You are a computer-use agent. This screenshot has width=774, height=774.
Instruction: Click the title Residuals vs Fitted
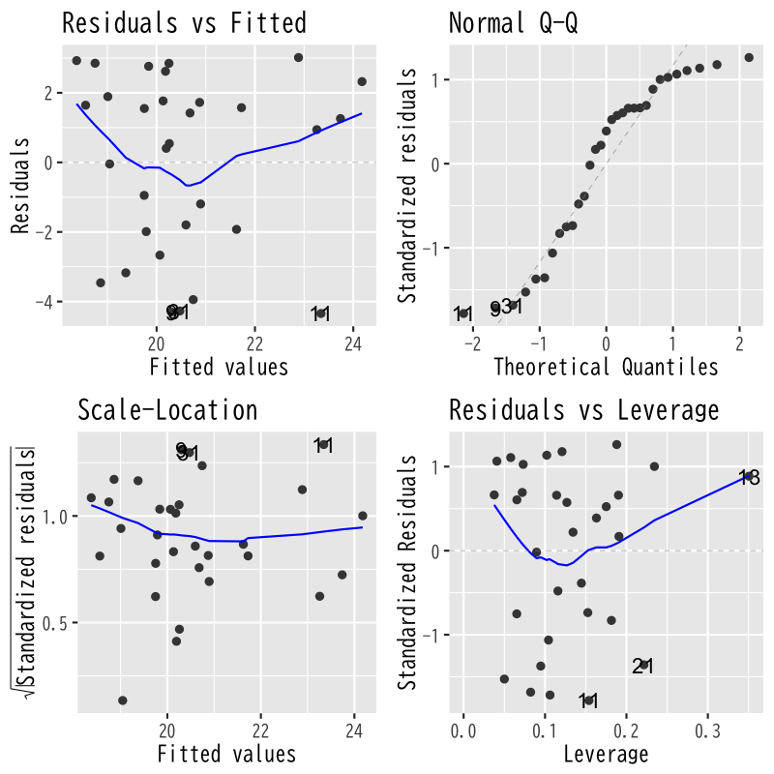point(184,23)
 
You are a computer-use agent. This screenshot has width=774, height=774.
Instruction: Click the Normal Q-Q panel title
point(514,23)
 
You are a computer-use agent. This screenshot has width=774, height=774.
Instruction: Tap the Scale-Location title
point(167,410)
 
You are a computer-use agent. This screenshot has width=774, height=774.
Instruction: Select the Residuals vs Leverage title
point(583,410)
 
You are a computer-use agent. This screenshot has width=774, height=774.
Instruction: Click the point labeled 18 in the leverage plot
point(748,476)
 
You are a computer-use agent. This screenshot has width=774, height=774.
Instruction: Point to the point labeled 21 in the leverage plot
point(642,665)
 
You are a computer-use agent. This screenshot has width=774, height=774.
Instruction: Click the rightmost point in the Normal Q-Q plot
point(748,57)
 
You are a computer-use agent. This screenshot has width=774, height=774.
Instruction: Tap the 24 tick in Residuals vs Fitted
point(353,342)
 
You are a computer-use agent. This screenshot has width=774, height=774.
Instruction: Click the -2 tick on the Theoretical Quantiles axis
point(473,342)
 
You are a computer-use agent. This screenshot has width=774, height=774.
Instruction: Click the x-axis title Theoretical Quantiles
point(606,367)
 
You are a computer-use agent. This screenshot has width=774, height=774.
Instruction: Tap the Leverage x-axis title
point(606,753)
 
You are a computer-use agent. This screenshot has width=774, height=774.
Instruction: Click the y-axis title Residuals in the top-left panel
point(19,184)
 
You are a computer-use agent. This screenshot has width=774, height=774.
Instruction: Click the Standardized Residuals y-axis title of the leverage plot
point(407,571)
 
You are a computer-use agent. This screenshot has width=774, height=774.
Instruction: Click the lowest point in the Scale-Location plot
point(123,700)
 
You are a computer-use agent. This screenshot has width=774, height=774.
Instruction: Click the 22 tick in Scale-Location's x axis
point(261,729)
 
